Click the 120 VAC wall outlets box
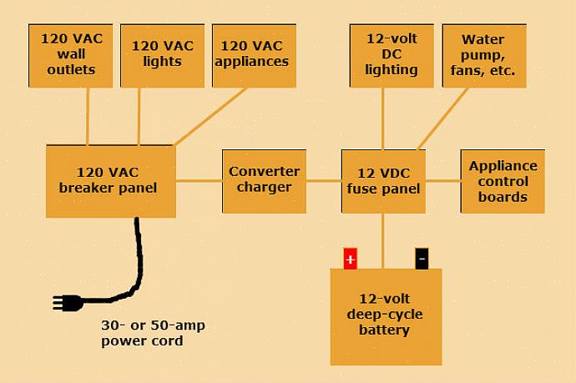(71, 56)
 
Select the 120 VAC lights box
(163, 56)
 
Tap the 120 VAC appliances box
(255, 56)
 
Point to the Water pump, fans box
(484, 56)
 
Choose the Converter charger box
(264, 181)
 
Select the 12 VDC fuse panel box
(383, 181)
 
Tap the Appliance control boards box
(503, 181)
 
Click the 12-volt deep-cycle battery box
(386, 316)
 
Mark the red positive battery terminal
(350, 260)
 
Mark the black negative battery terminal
(422, 260)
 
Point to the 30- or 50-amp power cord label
(153, 333)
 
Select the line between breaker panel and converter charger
(199, 180)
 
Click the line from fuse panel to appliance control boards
(442, 180)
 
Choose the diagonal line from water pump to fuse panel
(442, 118)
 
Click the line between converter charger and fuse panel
(323, 180)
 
